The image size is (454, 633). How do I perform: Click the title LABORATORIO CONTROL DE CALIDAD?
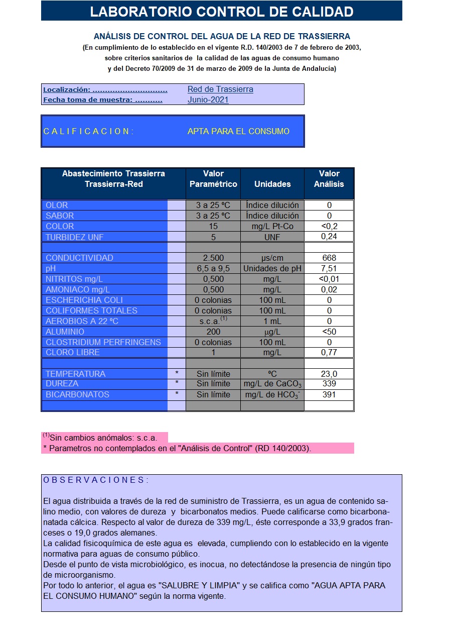click(221, 12)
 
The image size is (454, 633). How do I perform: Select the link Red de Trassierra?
click(220, 89)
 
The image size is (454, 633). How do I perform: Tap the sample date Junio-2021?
click(208, 100)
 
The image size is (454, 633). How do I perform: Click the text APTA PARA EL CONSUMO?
click(238, 131)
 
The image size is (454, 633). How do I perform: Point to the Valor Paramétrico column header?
click(213, 179)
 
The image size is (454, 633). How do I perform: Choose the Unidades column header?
click(272, 184)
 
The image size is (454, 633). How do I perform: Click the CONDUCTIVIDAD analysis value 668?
click(329, 258)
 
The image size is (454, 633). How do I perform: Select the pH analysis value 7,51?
click(329, 268)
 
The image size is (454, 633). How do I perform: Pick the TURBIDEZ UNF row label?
click(75, 237)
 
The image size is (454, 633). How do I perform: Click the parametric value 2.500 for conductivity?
click(213, 258)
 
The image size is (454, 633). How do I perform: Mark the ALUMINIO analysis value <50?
click(329, 332)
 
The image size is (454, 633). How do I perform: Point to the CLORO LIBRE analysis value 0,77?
click(329, 353)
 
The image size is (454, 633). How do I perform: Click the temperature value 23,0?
click(329, 374)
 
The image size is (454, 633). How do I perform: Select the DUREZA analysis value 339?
click(329, 384)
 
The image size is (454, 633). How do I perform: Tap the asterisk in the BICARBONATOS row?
click(177, 394)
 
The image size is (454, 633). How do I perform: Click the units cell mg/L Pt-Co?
click(272, 227)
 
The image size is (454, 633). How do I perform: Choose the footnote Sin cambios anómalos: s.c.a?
click(103, 438)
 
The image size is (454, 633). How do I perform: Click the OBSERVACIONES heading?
click(96, 480)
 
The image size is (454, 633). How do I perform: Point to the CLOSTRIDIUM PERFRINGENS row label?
click(103, 342)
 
